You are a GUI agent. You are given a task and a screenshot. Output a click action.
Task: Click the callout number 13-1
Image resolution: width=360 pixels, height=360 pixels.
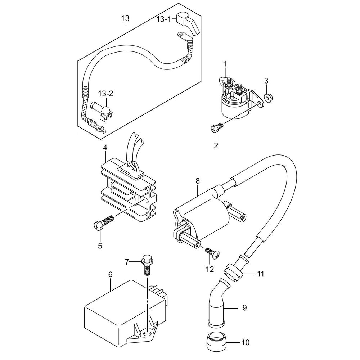[164, 19]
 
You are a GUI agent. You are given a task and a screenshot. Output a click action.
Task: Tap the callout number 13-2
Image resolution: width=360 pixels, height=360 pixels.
[106, 94]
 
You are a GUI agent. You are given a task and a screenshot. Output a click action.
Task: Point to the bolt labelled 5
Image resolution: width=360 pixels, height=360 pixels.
[104, 221]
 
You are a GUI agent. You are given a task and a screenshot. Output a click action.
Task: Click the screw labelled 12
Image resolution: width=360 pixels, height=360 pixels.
[213, 253]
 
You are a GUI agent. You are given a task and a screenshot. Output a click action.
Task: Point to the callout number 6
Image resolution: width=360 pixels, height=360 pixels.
[111, 274]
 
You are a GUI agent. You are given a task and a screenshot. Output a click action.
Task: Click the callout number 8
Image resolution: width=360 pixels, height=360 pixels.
[197, 181]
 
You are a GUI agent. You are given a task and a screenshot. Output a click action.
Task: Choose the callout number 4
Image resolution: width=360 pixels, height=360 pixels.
[105, 148]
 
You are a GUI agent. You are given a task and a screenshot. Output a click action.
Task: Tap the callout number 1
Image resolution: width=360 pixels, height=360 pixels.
[225, 64]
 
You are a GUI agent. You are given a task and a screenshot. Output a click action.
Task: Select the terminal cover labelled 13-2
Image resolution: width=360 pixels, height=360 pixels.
[104, 110]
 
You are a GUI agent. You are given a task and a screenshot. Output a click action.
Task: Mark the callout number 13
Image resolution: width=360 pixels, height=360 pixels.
[125, 18]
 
